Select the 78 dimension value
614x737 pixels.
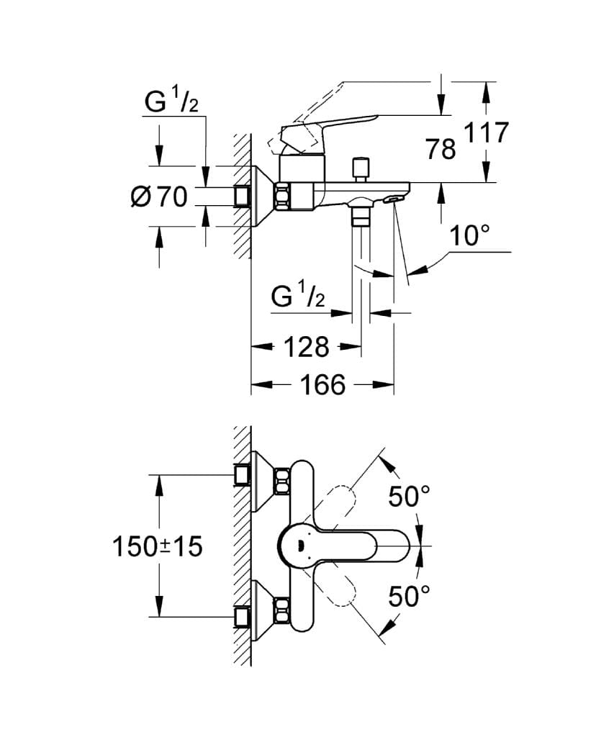pos(441,149)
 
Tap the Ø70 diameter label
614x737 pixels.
pos(159,196)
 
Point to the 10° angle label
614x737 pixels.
pos(469,235)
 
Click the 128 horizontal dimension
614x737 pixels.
pos(306,347)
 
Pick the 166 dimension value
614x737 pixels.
pos(322,385)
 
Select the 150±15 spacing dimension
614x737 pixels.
pos(158,547)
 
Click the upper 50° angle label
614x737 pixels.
pos(408,496)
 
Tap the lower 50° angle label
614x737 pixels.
pos(408,597)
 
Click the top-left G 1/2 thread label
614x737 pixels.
pos(171,104)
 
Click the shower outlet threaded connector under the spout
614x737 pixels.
pos(360,214)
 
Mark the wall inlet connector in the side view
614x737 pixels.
pos(243,196)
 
